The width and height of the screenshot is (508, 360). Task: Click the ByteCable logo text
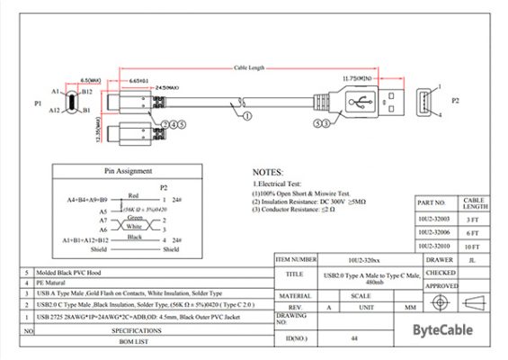(442, 330)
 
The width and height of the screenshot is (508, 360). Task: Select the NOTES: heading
(268, 171)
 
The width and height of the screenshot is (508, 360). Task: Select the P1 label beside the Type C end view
(39, 103)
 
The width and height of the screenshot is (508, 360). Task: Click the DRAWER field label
(440, 259)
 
